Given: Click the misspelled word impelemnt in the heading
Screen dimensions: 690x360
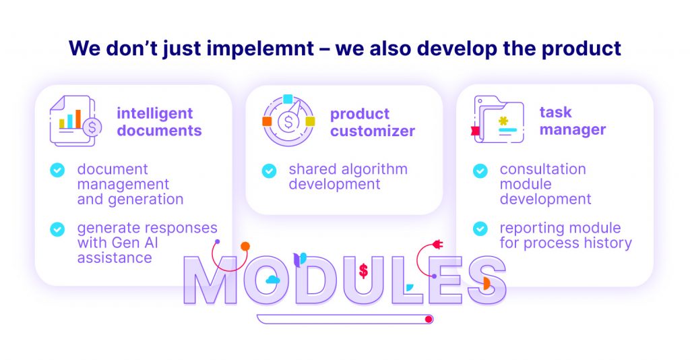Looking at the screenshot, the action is click(261, 49).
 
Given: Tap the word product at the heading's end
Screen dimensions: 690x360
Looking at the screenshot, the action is click(582, 49).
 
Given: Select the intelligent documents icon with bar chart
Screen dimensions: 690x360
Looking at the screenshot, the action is click(75, 121).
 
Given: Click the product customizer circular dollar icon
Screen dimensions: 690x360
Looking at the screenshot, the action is click(288, 120).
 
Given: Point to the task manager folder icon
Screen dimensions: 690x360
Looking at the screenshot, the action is click(497, 119).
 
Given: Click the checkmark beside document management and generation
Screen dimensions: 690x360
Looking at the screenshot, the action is click(57, 170).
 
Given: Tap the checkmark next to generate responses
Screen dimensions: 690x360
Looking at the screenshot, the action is click(57, 229).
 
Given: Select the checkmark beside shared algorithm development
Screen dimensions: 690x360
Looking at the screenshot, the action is click(269, 171).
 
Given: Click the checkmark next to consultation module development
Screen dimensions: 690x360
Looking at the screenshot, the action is click(480, 171).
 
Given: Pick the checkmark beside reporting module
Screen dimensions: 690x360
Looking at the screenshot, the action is click(480, 229).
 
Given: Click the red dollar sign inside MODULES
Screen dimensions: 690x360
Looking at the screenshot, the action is click(363, 270).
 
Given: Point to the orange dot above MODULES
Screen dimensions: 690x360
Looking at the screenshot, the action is click(245, 247).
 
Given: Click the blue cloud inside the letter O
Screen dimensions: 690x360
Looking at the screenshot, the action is click(273, 279).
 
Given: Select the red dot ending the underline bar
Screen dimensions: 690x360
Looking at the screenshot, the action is click(428, 319).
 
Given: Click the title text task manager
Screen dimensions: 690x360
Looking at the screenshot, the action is click(573, 121).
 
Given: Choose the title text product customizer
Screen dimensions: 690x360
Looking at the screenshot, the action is click(372, 122).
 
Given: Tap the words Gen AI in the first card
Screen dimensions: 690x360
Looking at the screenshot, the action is click(135, 243).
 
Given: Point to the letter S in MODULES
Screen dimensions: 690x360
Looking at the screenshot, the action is click(487, 280).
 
